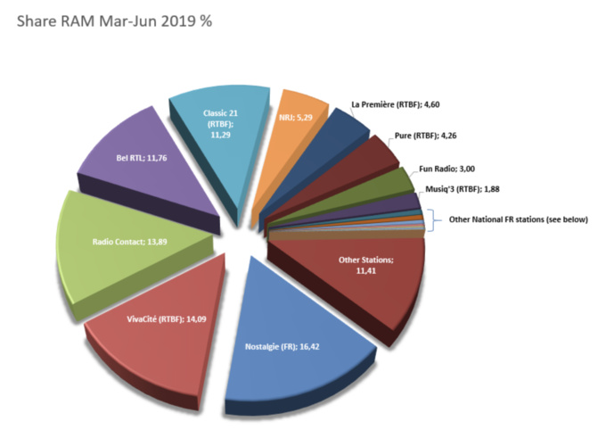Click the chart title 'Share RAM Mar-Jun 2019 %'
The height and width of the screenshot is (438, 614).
[113, 19]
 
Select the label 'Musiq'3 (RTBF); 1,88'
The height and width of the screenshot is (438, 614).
[463, 189]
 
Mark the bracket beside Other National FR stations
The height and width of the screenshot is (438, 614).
[430, 219]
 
